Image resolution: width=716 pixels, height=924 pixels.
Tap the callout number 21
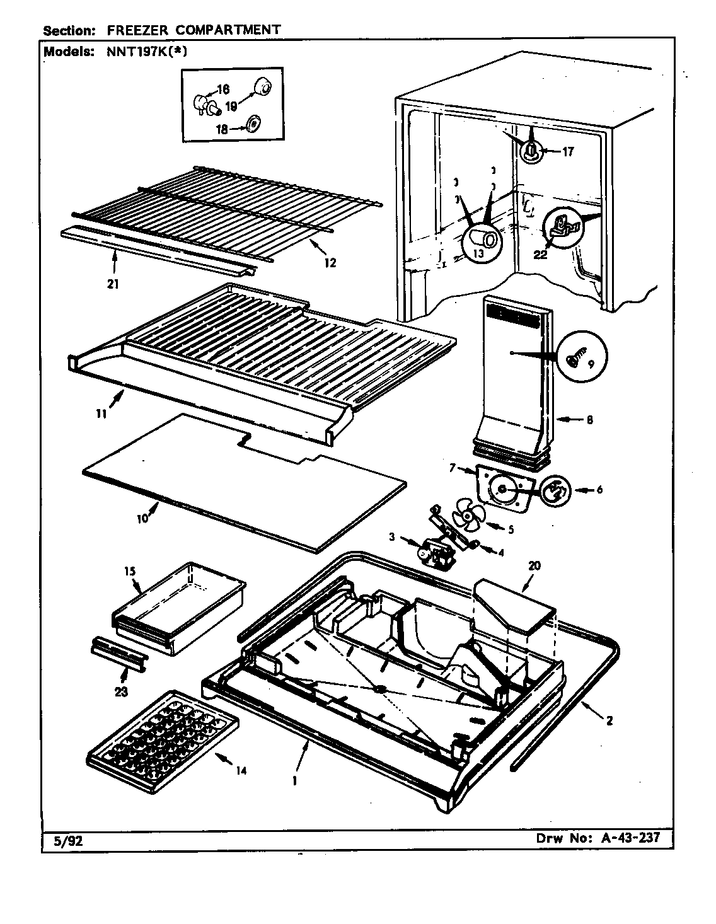[113, 284]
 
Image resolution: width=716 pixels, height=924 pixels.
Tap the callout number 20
[534, 565]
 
